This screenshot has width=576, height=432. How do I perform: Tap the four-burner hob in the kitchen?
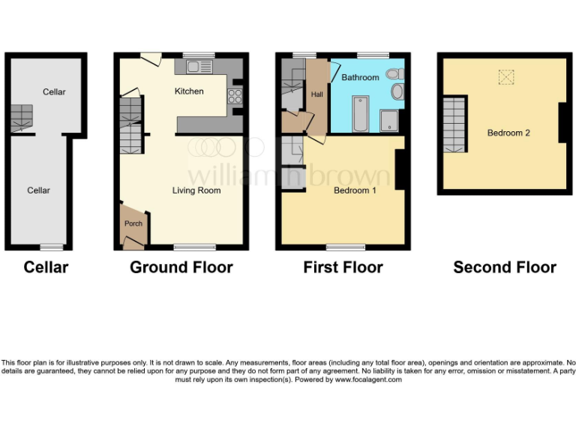233,95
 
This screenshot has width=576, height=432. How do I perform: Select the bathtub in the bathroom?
358,113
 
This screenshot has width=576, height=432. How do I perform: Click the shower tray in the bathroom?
390,120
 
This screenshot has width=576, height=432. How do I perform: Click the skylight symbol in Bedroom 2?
508,76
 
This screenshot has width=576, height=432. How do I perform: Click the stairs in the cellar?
21,118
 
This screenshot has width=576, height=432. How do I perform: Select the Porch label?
133,223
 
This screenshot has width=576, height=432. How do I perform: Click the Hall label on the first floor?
316,94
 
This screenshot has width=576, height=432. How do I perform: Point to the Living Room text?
196,190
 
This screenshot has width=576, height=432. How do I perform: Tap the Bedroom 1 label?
355,190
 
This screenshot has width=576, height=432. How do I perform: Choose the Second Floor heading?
505,267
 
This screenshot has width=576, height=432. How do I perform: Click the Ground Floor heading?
181,267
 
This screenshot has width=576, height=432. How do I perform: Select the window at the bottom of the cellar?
52,247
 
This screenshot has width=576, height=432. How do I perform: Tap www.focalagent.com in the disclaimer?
367,379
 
